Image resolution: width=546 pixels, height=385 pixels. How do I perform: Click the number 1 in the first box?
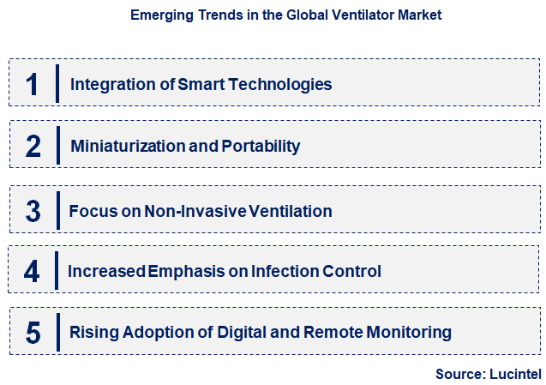point(32,84)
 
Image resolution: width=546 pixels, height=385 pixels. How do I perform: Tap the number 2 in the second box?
point(33,146)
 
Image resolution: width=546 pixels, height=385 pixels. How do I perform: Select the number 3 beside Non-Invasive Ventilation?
point(33,211)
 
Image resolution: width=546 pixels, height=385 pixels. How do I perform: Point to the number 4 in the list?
point(32,272)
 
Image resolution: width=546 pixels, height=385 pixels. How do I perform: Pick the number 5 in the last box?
point(33,333)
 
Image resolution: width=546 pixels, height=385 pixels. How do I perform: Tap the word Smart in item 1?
point(198,85)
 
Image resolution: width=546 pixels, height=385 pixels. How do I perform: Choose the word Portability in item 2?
point(261,147)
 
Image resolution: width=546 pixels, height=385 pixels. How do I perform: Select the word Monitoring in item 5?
point(408,333)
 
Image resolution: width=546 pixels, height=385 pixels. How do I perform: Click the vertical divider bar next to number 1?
point(57,84)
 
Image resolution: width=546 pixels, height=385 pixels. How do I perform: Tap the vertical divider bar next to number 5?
point(57,333)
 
